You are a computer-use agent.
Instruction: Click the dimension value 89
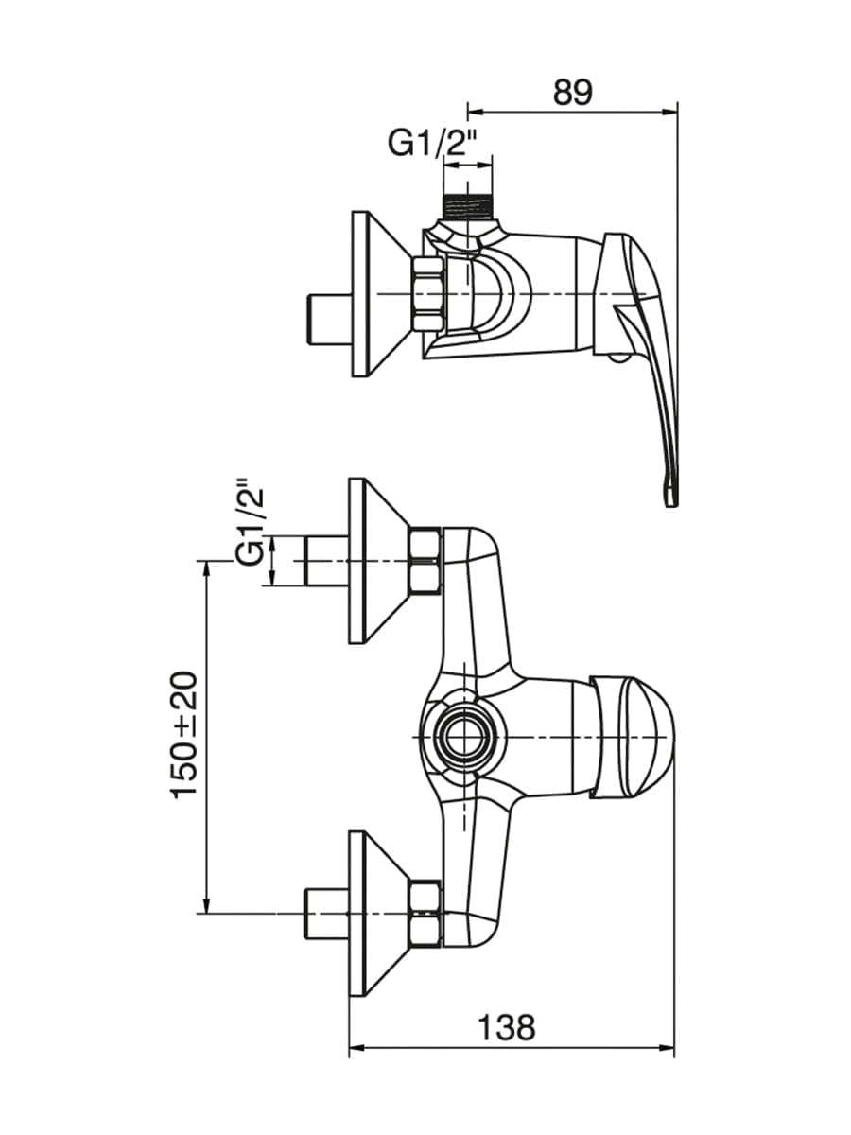[572, 93]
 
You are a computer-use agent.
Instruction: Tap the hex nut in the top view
[426, 294]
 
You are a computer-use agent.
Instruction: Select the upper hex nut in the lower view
[425, 561]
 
